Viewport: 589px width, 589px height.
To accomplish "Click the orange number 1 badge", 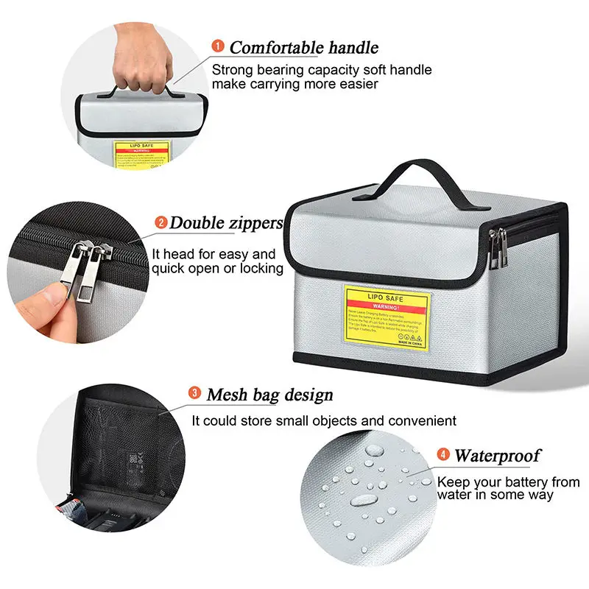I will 218,46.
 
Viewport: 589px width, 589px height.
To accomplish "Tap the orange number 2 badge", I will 161,222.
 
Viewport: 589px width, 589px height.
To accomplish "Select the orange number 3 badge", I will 194,393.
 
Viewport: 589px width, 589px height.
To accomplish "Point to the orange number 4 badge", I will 444,454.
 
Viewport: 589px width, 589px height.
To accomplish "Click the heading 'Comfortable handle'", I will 304,48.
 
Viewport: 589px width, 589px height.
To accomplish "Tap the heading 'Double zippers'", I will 227,222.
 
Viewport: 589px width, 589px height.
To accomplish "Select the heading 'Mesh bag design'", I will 269,395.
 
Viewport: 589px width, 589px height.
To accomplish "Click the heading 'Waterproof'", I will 498,455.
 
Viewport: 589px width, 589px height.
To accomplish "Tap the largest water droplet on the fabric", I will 362,500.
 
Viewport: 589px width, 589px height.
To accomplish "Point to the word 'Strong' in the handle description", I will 232,71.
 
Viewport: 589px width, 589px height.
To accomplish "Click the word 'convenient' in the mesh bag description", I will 422,421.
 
